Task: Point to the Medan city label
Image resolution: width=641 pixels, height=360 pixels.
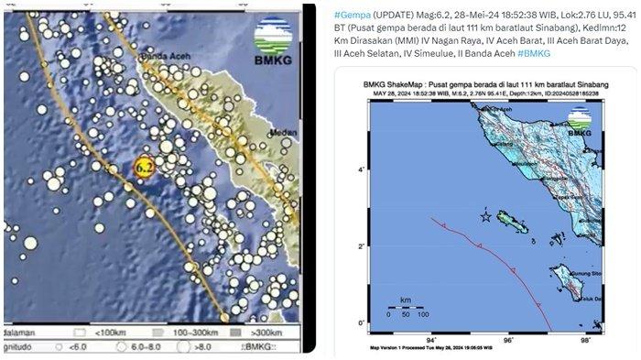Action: coord(285,133)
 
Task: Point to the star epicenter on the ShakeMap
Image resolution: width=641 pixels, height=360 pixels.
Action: coord(486,216)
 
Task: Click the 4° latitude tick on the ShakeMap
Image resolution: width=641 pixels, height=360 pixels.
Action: coord(364,170)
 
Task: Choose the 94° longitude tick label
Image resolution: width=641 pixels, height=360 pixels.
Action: coord(430,340)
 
